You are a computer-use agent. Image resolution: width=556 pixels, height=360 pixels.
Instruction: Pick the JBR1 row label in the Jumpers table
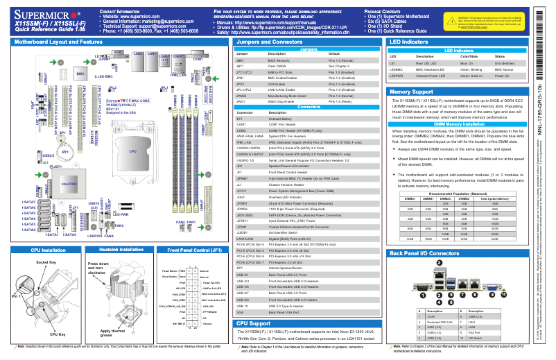pos(241,62)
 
